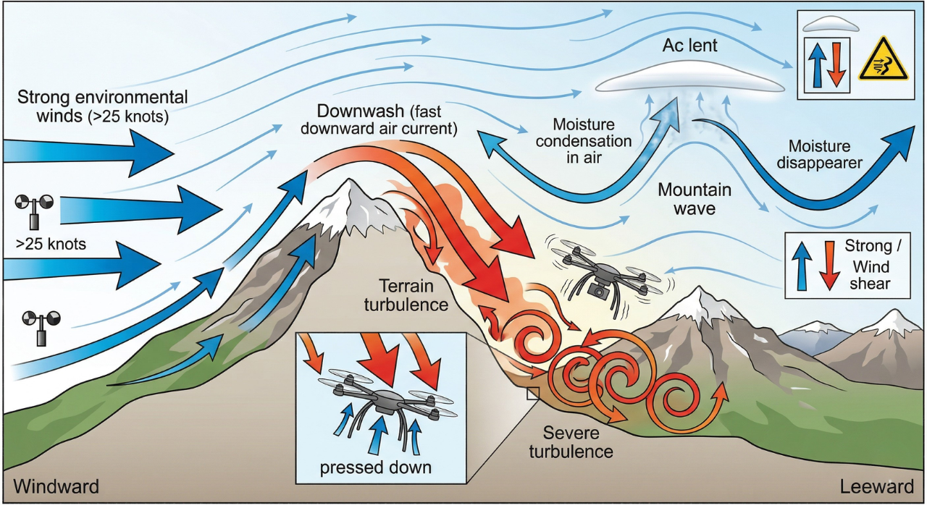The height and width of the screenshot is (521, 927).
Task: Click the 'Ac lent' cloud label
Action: pos(689,46)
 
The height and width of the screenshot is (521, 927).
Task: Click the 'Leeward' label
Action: pos(877,486)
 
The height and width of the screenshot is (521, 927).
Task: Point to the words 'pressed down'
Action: pos(375,467)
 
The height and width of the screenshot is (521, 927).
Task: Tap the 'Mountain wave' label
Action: pos(695,200)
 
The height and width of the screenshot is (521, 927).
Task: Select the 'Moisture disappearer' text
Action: pos(820,155)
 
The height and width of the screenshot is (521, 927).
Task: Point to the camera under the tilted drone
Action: pos(597,290)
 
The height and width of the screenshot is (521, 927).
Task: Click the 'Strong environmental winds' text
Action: pos(102,105)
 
